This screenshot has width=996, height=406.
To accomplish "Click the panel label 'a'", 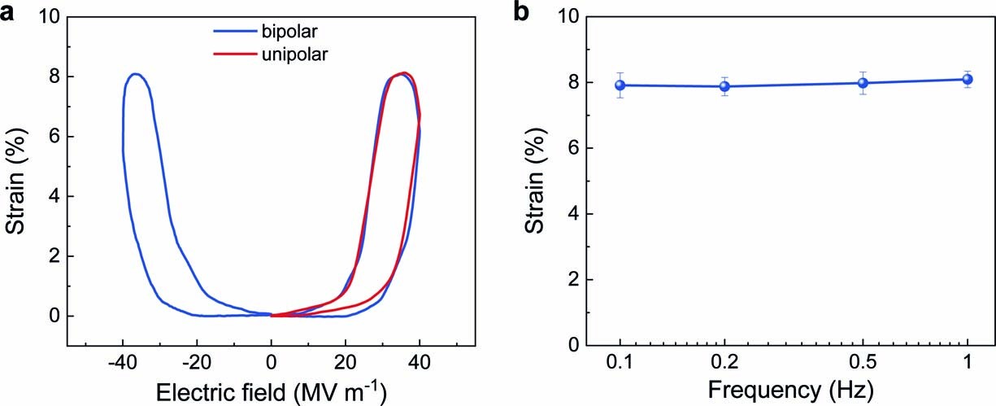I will click(x=12, y=14).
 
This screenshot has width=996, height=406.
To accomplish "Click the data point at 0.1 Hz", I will click(x=620, y=85).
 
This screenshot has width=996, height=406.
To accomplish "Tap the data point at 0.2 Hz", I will click(x=724, y=86).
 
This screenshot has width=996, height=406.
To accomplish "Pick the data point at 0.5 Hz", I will click(x=863, y=83).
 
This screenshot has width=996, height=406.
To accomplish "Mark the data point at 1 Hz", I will click(x=968, y=79).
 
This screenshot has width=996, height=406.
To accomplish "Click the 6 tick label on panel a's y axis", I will click(x=54, y=137).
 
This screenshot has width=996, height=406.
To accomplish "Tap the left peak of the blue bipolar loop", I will click(x=136, y=74).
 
